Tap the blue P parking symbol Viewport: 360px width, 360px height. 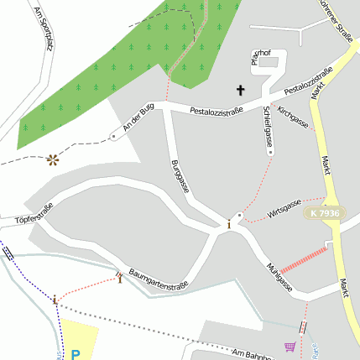pyautogui.click(x=76, y=354)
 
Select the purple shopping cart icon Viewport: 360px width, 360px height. pyautogui.click(x=290, y=346)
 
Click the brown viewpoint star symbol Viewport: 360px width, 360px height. pyautogui.click(x=54, y=158)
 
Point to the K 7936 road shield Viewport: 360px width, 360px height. pyautogui.click(x=324, y=214)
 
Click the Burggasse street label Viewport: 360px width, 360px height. pyautogui.click(x=180, y=176)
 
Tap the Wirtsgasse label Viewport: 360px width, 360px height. pyautogui.click(x=284, y=209)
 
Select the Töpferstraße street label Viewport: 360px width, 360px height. pyautogui.click(x=34, y=215)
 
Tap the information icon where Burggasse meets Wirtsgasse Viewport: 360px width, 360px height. pyautogui.click(x=229, y=223)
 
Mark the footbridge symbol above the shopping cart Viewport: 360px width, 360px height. pyautogui.click(x=303, y=327)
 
